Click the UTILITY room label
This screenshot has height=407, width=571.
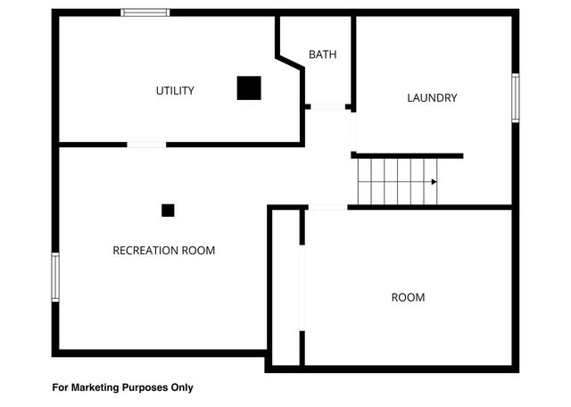175,91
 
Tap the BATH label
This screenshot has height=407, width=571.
323,55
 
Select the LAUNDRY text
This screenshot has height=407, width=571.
432,98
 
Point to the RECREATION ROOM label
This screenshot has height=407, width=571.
163,251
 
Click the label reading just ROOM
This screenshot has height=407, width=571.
408,297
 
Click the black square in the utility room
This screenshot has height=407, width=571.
249,87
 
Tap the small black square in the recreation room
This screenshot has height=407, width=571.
168,211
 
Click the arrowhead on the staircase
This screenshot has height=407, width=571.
434,182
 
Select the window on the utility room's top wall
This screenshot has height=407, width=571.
145,12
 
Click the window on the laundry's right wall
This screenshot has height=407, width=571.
515,97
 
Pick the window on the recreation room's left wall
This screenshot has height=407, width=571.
55,277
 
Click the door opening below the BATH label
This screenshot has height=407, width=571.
327,107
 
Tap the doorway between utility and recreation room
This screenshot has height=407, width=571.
145,144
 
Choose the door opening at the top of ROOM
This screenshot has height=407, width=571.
327,207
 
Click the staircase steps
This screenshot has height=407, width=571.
397,180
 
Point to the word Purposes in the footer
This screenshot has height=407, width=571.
144,388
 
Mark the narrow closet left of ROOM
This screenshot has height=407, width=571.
285,286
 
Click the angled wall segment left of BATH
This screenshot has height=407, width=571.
290,62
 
